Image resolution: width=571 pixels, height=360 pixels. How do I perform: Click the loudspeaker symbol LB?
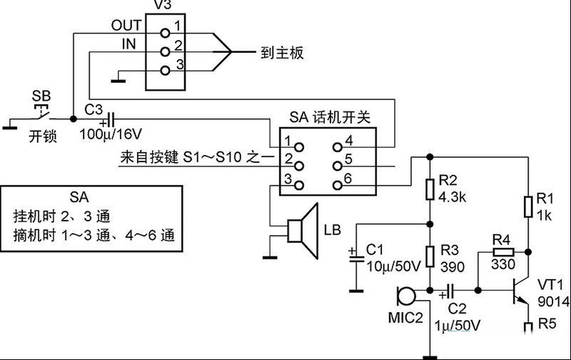[x=302, y=230]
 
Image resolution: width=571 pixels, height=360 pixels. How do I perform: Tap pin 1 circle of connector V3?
[x=165, y=33]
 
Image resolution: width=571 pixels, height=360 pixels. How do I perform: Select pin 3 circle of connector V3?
[x=165, y=70]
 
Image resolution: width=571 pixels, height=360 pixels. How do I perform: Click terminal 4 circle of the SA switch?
[x=338, y=147]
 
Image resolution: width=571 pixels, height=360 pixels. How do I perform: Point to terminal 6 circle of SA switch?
[x=338, y=185]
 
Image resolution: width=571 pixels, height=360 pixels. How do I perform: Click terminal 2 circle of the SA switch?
[x=299, y=166]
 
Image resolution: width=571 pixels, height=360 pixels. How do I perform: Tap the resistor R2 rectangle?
[x=430, y=189]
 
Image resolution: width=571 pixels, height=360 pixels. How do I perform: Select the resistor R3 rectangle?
[x=430, y=257]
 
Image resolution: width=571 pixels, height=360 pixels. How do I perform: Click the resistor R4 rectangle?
[x=503, y=251]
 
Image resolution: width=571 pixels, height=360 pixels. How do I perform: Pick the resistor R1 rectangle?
[x=528, y=206]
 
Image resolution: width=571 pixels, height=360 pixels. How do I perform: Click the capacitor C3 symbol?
[x=111, y=119]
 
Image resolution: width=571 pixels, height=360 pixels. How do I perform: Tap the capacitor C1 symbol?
[x=356, y=259]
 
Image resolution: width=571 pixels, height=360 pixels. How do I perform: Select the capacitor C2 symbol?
[x=450, y=291]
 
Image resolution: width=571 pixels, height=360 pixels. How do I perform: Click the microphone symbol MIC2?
[x=406, y=296]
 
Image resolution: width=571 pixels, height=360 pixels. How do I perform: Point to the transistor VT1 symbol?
[x=519, y=291]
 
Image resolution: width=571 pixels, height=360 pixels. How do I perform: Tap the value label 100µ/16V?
[x=111, y=134]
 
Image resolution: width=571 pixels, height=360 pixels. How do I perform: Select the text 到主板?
[x=282, y=53]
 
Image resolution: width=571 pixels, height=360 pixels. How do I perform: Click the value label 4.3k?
[x=453, y=197]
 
